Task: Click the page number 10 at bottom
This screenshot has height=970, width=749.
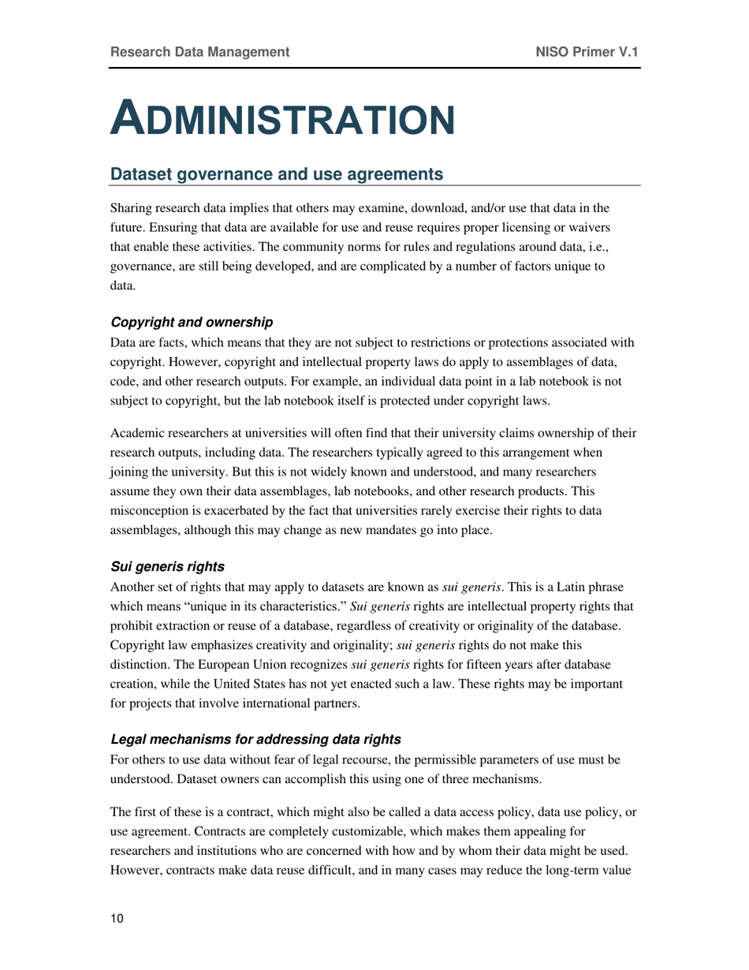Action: pos(117,919)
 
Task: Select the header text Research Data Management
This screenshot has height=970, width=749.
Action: pos(199,52)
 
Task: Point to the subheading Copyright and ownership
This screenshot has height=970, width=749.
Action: pos(192,322)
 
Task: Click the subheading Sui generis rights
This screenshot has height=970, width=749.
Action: pos(167,566)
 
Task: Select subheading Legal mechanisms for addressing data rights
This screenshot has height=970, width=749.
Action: pos(256,739)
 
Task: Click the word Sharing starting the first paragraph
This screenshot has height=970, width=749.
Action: pos(132,209)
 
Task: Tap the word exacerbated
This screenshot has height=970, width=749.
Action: pos(244,511)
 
